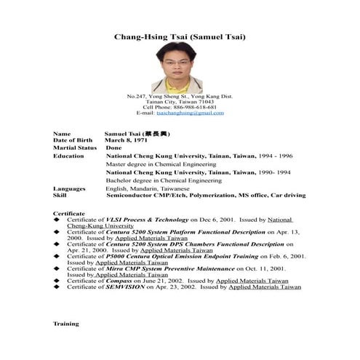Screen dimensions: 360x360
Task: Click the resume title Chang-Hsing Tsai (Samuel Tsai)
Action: click(180, 36)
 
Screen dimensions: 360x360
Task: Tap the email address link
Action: click(190, 113)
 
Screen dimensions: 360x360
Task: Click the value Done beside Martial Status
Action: click(114, 148)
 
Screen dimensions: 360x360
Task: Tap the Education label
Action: click(69, 156)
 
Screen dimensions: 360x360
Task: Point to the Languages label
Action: click(70, 188)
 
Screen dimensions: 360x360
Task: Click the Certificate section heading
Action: click(69, 213)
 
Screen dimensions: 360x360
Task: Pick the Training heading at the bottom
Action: click(66, 323)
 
